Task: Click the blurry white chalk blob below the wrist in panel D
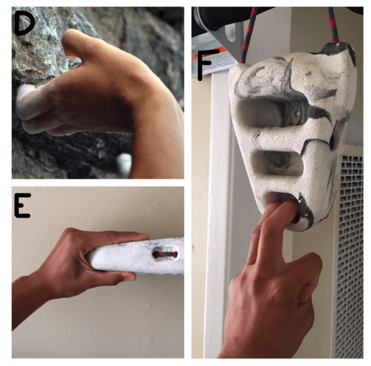pyautogui.click(x=124, y=163)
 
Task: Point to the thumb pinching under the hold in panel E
pyautogui.click(x=109, y=275)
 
